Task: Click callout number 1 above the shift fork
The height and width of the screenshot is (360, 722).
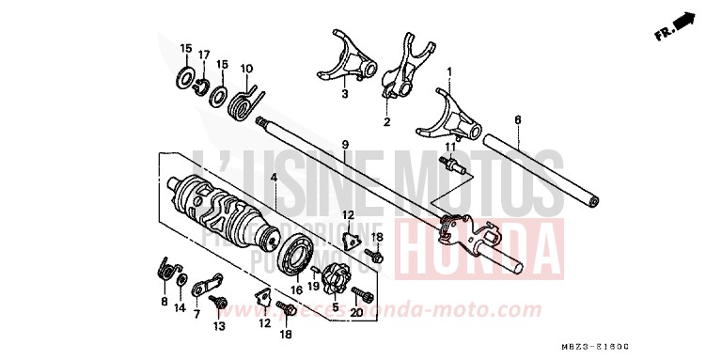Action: (449, 71)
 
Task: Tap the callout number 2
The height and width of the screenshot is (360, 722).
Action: (385, 122)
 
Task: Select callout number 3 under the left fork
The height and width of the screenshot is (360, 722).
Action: (344, 95)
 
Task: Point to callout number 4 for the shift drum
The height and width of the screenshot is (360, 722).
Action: (274, 178)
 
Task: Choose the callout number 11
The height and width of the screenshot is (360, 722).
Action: (449, 148)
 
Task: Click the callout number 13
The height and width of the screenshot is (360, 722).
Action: (219, 327)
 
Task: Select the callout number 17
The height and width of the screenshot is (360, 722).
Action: (203, 55)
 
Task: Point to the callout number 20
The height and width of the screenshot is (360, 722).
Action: (356, 313)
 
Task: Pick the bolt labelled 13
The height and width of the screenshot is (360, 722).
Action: (217, 303)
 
